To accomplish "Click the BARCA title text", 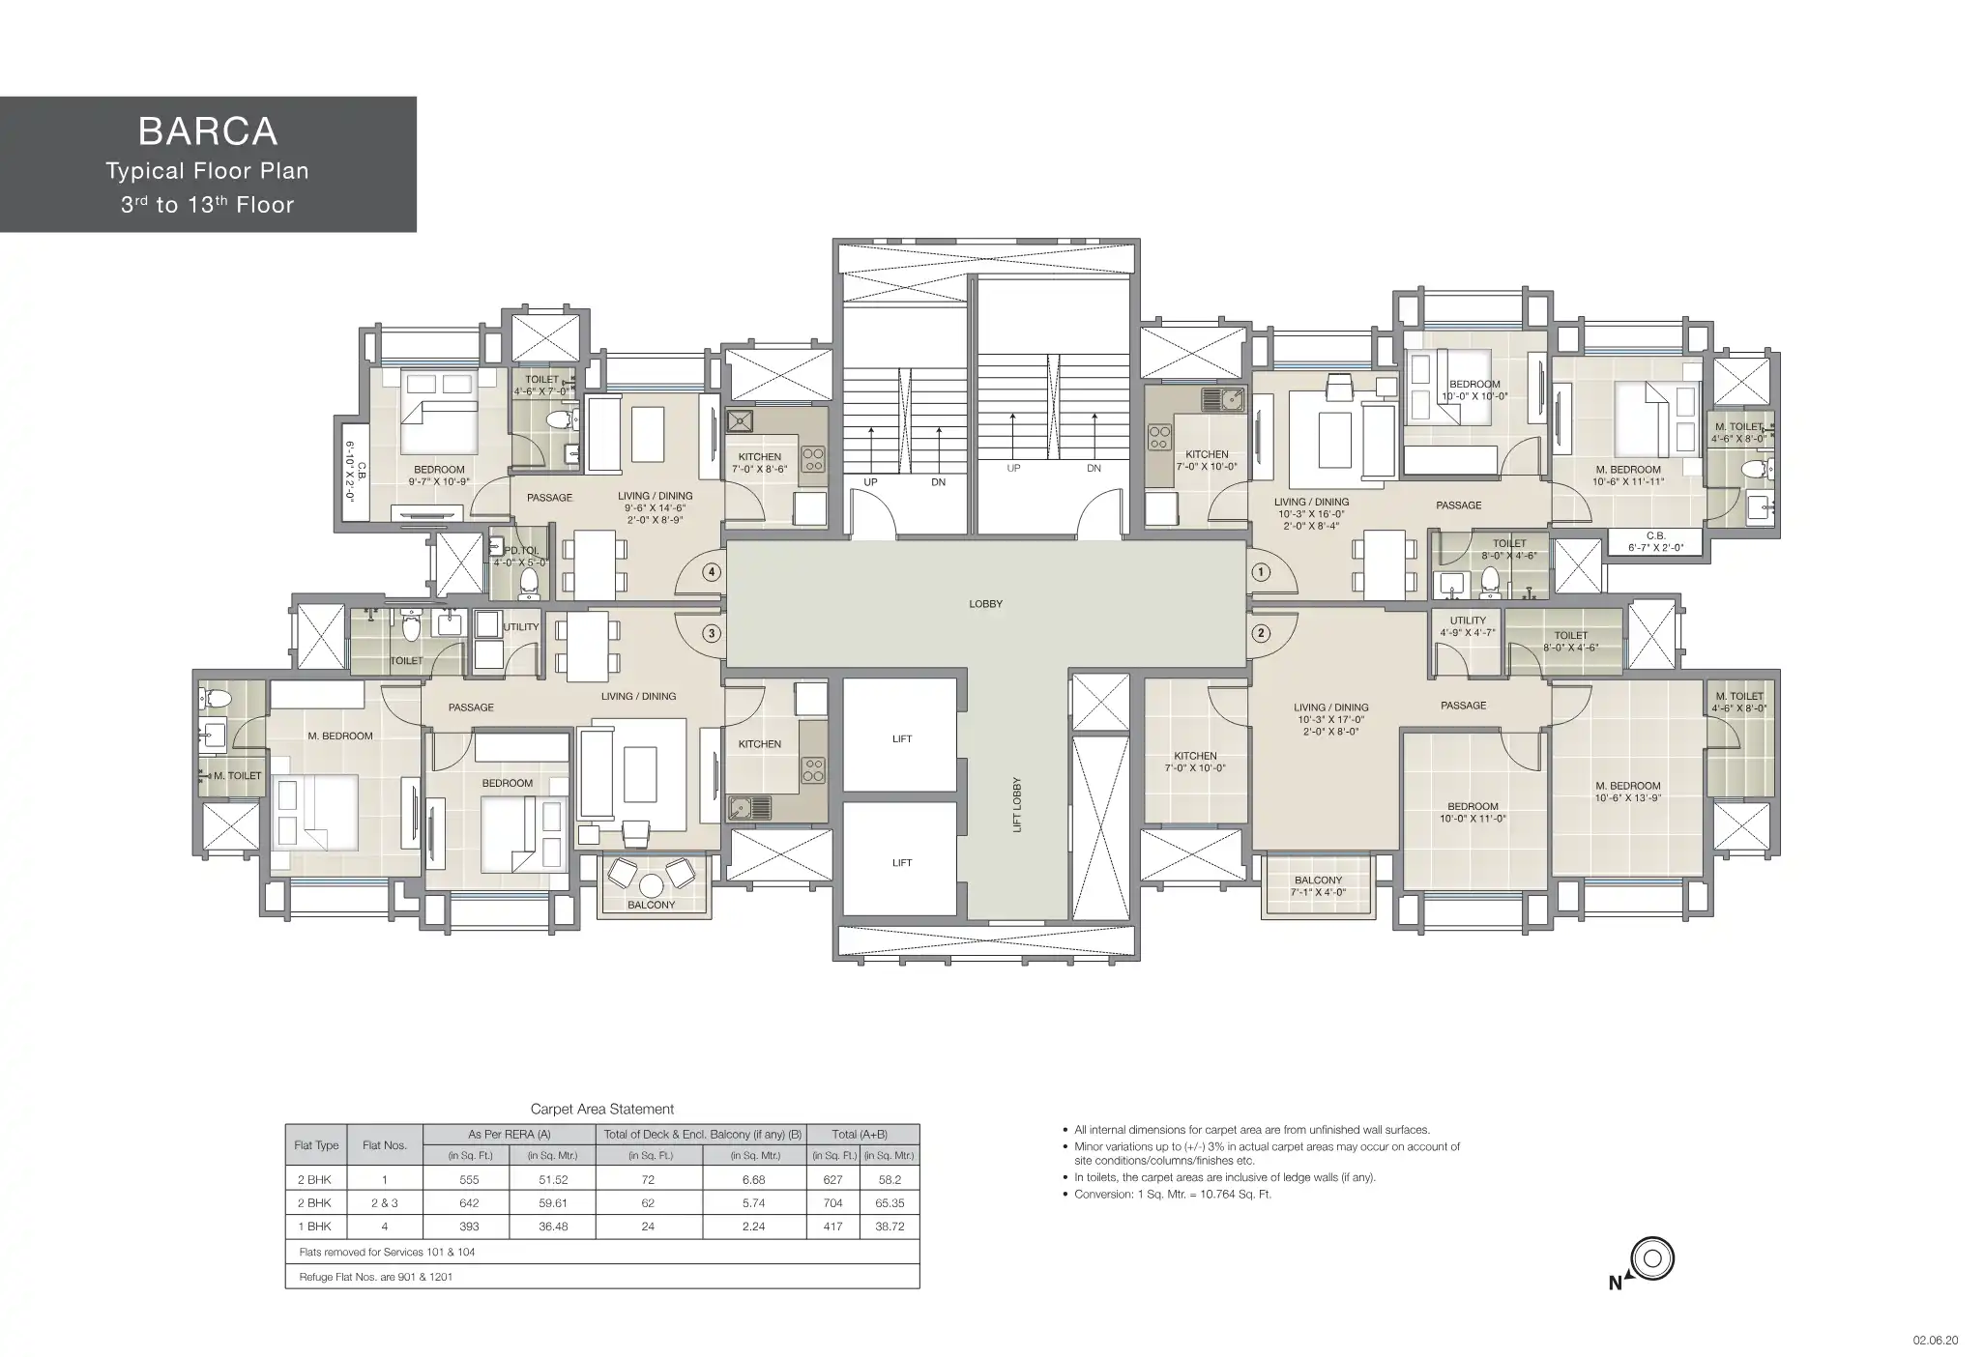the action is tap(208, 130).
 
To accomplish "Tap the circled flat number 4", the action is tap(712, 572).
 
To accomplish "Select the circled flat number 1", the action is tap(1260, 572).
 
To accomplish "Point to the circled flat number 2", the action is tap(1260, 634).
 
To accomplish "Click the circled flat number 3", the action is tap(712, 634).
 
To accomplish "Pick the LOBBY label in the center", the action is tap(986, 604).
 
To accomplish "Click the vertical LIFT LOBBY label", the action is tap(1017, 805).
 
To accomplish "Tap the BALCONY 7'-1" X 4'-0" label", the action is tap(1318, 886).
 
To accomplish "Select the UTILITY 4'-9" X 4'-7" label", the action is tap(1468, 626).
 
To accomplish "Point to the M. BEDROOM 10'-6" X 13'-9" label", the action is tap(1628, 792).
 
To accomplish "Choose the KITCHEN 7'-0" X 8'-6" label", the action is tap(760, 463).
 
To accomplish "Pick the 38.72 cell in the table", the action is tap(890, 1226).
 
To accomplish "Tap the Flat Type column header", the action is tap(316, 1145).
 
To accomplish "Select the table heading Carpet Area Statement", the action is tap(602, 1110).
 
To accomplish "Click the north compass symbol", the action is tap(1651, 1259).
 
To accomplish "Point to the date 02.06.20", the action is tap(1936, 1341).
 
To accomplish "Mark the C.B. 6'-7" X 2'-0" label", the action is tap(1656, 541).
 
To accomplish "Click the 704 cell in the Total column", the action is tap(832, 1202).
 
